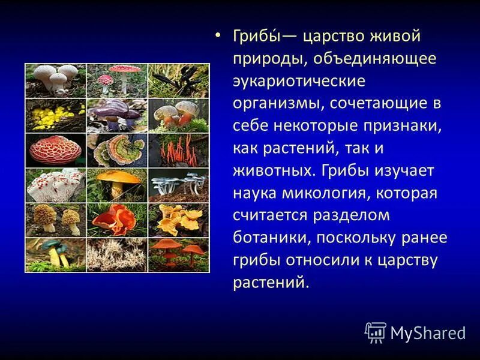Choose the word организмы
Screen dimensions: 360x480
pyautogui.click(x=277, y=103)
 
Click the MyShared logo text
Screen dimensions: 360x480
pyautogui.click(x=428, y=332)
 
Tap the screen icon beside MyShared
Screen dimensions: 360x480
pyautogui.click(x=376, y=332)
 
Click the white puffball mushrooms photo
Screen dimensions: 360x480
pyautogui.click(x=55, y=80)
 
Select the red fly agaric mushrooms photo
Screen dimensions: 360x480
pyautogui.click(x=117, y=80)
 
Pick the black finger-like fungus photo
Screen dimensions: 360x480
pyautogui.click(x=179, y=80)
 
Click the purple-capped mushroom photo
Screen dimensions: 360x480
pyautogui.click(x=117, y=115)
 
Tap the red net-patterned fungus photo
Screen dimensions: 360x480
pyautogui.click(x=55, y=150)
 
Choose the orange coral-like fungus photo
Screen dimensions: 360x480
pyautogui.click(x=179, y=150)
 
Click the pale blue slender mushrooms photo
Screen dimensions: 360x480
pyautogui.click(x=179, y=185)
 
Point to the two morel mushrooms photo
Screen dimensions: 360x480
pyautogui.click(x=55, y=220)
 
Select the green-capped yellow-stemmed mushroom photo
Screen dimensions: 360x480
pyautogui.click(x=55, y=254)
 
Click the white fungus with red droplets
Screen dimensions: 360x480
pyautogui.click(x=55, y=185)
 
